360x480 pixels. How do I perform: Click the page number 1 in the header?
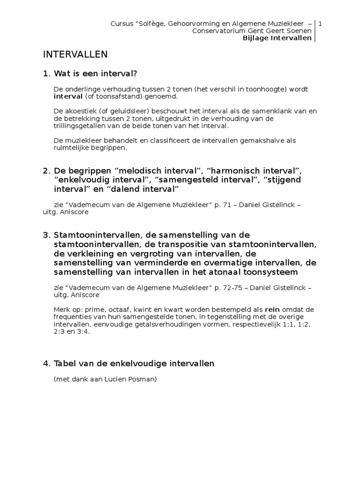click(320, 23)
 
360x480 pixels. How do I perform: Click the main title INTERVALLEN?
click(75, 54)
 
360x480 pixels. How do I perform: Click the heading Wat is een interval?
click(96, 74)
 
